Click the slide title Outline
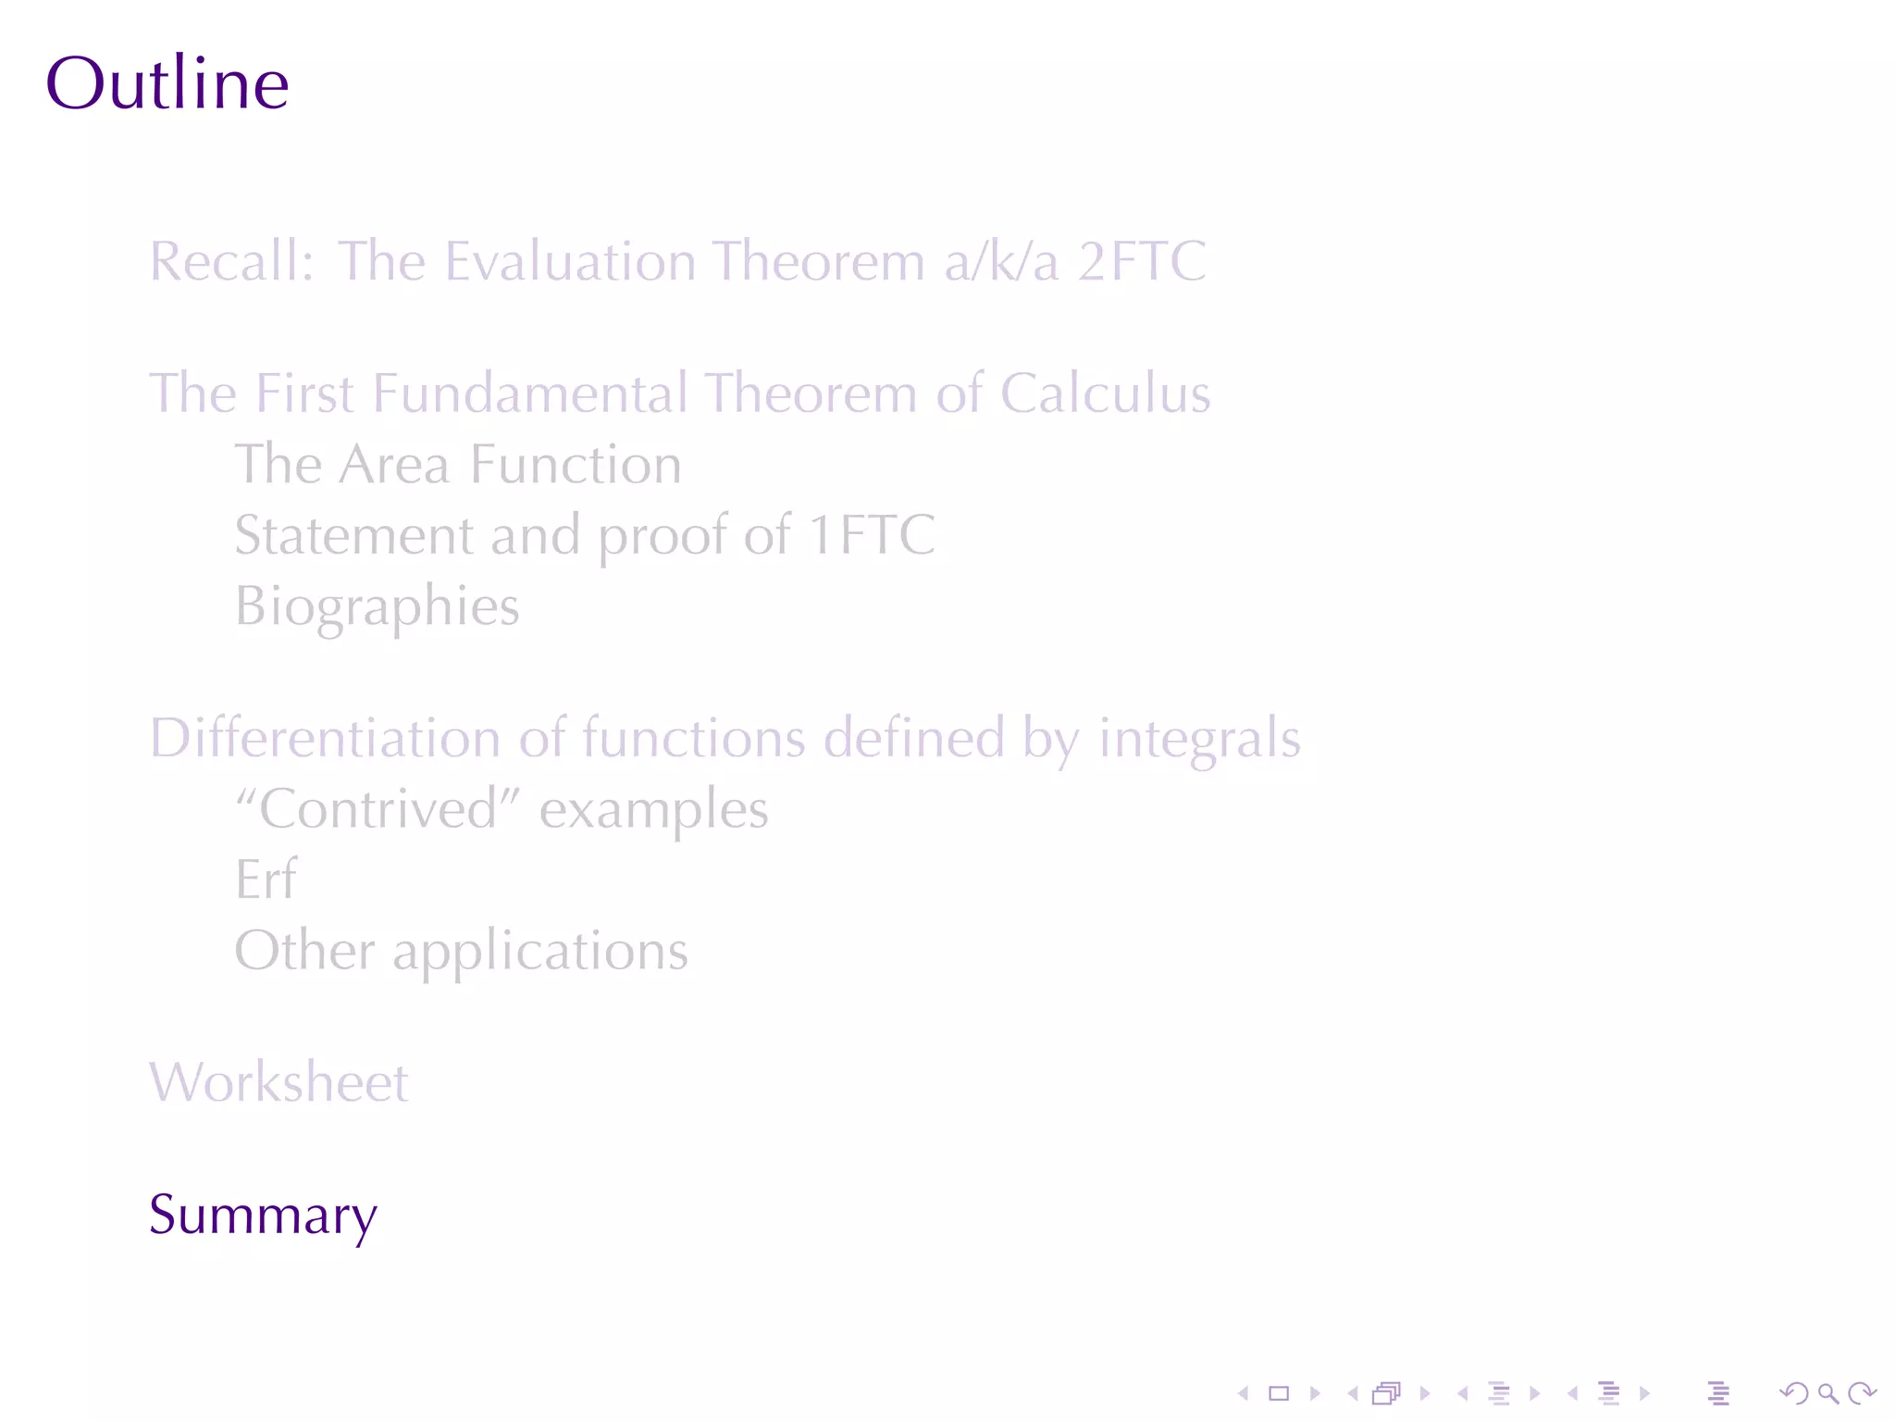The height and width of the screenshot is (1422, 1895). (x=167, y=83)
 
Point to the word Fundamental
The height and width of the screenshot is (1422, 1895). (x=529, y=393)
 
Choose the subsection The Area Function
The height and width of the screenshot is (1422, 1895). (x=458, y=464)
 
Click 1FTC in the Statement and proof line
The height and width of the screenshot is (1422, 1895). (x=872, y=535)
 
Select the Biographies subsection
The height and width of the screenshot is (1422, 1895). (x=377, y=606)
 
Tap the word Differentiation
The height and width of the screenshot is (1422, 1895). (x=325, y=739)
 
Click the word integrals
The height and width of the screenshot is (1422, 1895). (x=1199, y=739)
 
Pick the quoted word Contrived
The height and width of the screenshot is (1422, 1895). (x=379, y=809)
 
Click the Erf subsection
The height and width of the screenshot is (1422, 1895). (x=266, y=879)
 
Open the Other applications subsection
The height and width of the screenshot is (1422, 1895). (x=461, y=951)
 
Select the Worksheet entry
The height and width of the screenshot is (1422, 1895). (x=279, y=1082)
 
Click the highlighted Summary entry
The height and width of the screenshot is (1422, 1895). (x=263, y=1215)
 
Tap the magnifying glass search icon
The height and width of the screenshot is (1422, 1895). (x=1827, y=1393)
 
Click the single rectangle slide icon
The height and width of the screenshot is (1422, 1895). (x=1279, y=1393)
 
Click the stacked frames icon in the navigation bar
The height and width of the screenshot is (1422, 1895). (x=1387, y=1393)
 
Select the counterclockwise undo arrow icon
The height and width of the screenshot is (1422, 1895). (x=1794, y=1393)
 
